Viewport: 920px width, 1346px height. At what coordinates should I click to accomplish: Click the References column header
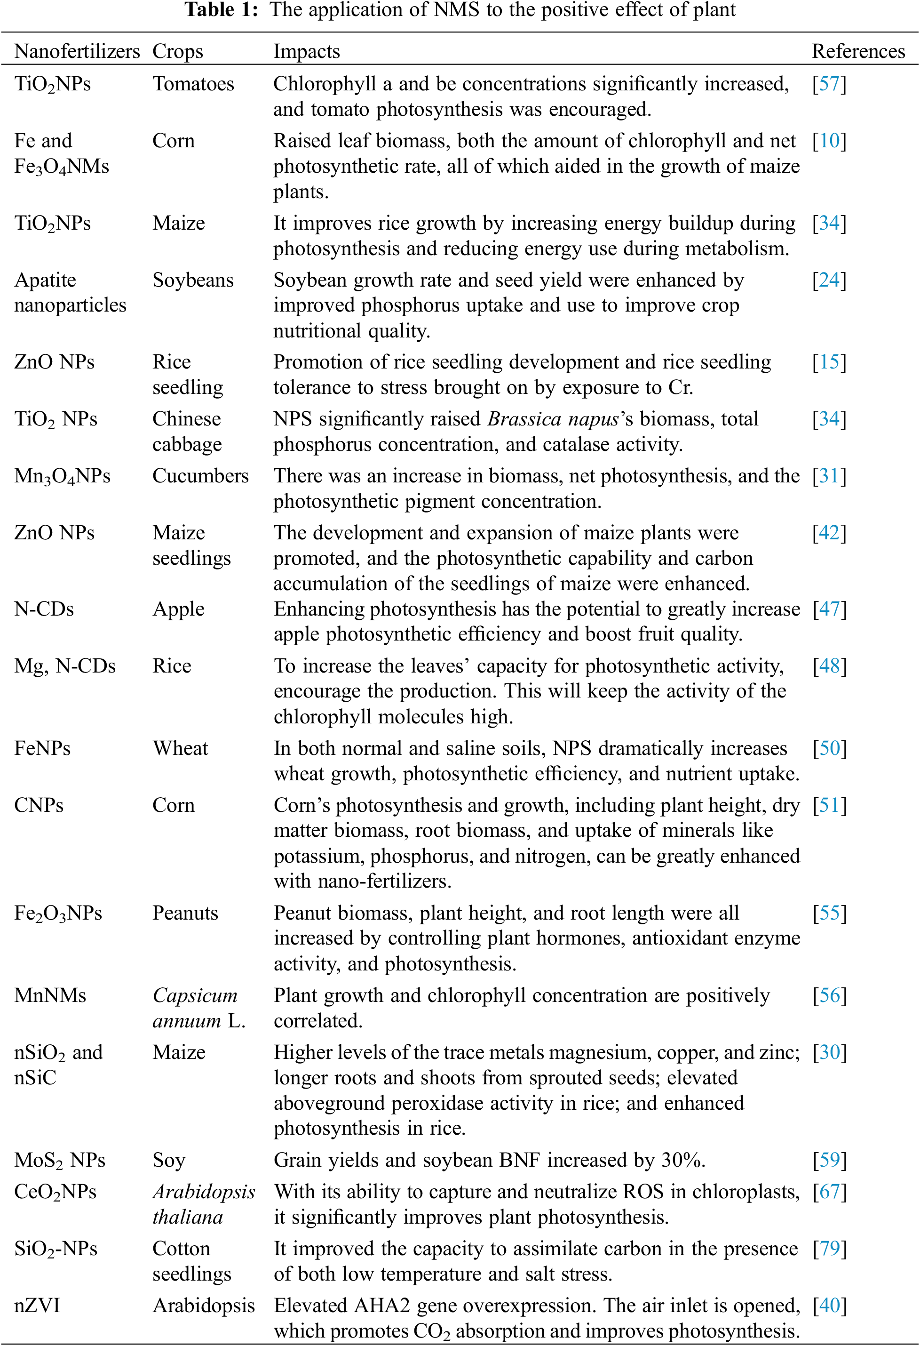[x=858, y=52]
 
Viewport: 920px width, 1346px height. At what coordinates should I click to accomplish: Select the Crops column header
[x=177, y=52]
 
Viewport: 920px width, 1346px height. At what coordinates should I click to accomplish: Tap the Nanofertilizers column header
[x=77, y=52]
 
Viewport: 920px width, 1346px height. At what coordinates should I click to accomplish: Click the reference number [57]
[x=829, y=84]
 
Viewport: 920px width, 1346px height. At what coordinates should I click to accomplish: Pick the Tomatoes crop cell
[x=193, y=84]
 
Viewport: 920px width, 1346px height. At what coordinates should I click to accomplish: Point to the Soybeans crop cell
[x=193, y=280]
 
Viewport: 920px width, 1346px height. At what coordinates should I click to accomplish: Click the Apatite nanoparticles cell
[x=70, y=292]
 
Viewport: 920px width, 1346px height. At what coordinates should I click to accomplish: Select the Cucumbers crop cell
[x=200, y=476]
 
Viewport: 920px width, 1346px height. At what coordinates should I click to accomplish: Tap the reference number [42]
[x=829, y=533]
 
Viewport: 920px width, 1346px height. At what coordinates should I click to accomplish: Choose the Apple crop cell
[x=178, y=609]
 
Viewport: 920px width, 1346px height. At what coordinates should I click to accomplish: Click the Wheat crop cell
[x=180, y=748]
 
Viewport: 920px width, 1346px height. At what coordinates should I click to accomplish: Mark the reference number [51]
[x=829, y=806]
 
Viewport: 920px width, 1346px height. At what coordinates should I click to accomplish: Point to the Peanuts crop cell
[x=185, y=913]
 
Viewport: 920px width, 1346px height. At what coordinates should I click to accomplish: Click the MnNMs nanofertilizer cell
[x=50, y=995]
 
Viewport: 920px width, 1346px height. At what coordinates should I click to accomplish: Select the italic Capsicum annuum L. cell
[x=198, y=1008]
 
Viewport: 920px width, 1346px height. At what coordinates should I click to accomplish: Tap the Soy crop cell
[x=168, y=1160]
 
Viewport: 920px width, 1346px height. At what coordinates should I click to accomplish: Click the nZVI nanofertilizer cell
[x=37, y=1306]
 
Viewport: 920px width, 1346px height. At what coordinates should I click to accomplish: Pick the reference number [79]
[x=829, y=1249]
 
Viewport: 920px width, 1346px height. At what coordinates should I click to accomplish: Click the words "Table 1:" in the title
[x=221, y=10]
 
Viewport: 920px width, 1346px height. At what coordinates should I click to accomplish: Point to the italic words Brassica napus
[x=553, y=419]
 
